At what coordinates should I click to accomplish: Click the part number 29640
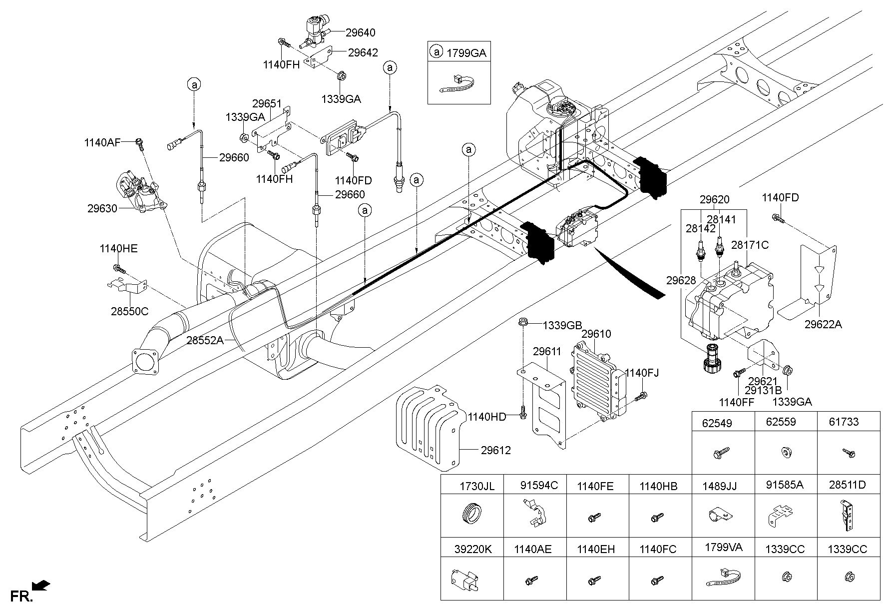pyautogui.click(x=360, y=32)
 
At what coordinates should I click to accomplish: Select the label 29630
pyautogui.click(x=102, y=209)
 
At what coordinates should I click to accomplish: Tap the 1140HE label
pyautogui.click(x=118, y=249)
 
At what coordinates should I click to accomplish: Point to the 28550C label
pyautogui.click(x=130, y=311)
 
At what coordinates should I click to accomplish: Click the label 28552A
pyautogui.click(x=205, y=340)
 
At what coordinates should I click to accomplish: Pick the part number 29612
pyautogui.click(x=496, y=451)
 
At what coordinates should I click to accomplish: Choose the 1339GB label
pyautogui.click(x=563, y=325)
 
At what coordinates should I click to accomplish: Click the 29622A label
pyautogui.click(x=823, y=324)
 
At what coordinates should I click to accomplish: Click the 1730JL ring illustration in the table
pyautogui.click(x=471, y=514)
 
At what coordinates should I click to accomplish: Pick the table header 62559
pyautogui.click(x=781, y=422)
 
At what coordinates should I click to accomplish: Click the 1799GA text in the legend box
pyautogui.click(x=466, y=53)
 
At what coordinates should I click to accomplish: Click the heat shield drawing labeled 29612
pyautogui.click(x=429, y=429)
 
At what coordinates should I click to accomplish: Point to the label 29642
pyautogui.click(x=363, y=52)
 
